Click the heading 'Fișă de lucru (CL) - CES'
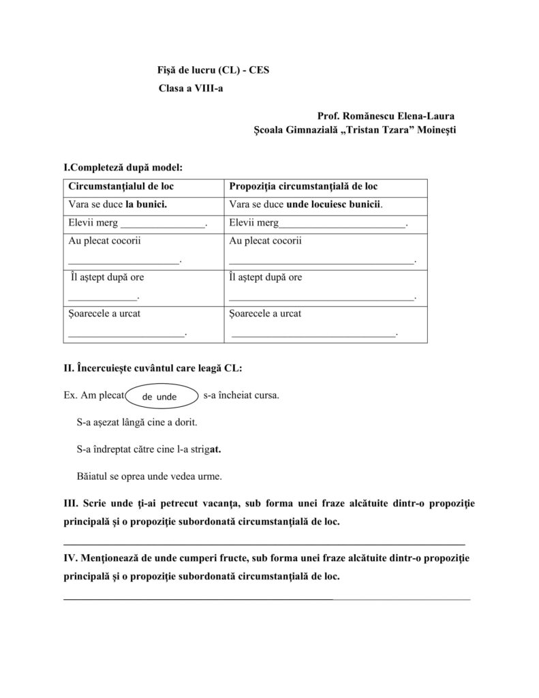pyautogui.click(x=213, y=70)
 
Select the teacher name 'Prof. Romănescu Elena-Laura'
pyautogui.click(x=386, y=116)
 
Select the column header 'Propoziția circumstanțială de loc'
pyautogui.click(x=304, y=186)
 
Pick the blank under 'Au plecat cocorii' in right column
pyautogui.click(x=321, y=260)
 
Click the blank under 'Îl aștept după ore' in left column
pyautogui.click(x=103, y=297)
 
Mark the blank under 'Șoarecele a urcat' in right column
pyautogui.click(x=314, y=334)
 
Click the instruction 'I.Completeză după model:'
pyautogui.click(x=123, y=167)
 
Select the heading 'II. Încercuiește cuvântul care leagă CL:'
pyautogui.click(x=153, y=368)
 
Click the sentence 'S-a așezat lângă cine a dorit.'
pyautogui.click(x=137, y=423)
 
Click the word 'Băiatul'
pyautogui.click(x=93, y=476)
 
